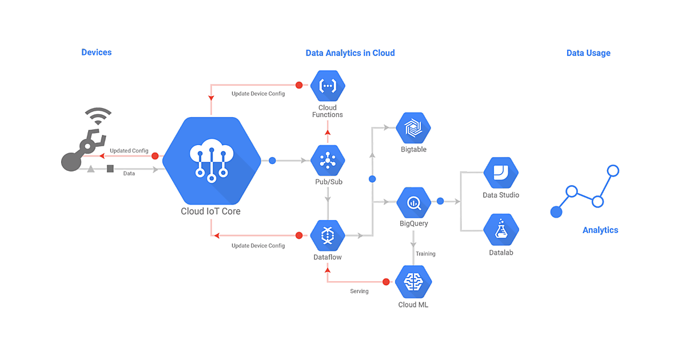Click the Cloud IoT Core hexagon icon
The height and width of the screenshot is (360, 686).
pyautogui.click(x=212, y=161)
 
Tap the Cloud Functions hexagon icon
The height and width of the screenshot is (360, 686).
pyautogui.click(x=328, y=86)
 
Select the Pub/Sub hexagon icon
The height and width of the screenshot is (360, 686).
pyautogui.click(x=328, y=161)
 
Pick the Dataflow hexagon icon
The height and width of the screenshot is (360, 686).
pyautogui.click(x=328, y=235)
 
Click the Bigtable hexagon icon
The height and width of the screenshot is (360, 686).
pyautogui.click(x=413, y=129)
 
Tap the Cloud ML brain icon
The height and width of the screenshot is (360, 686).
pyautogui.click(x=413, y=282)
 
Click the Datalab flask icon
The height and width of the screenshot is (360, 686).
pyautogui.click(x=501, y=230)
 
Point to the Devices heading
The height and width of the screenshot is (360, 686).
pyautogui.click(x=97, y=53)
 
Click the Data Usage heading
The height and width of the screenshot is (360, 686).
pyautogui.click(x=588, y=53)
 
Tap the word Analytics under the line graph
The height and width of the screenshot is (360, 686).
pyautogui.click(x=600, y=230)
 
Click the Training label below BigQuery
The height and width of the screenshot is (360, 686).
pyautogui.click(x=425, y=254)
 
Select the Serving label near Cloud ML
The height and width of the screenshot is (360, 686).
pyautogui.click(x=359, y=291)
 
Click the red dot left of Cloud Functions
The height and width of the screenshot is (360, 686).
pyautogui.click(x=298, y=86)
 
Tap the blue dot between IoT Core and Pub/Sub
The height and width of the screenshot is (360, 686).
pyautogui.click(x=272, y=161)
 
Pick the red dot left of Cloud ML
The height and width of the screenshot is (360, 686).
pyautogui.click(x=386, y=282)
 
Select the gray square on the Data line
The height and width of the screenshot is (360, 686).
pyautogui.click(x=110, y=169)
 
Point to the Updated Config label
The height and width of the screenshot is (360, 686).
pyautogui.click(x=129, y=151)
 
